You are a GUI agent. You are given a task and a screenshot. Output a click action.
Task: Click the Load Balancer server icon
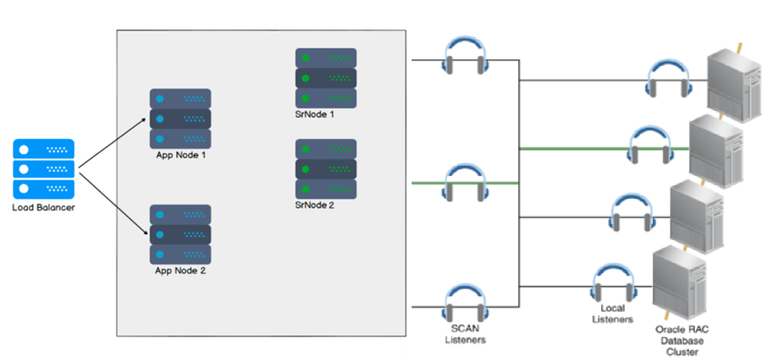[43, 169]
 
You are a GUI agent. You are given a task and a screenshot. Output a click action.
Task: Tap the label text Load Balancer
[43, 207]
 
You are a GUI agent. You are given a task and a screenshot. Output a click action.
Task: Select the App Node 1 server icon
[180, 119]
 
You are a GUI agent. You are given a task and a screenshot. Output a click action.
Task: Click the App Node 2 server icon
[180, 235]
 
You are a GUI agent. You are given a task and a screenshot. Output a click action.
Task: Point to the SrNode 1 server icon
[326, 78]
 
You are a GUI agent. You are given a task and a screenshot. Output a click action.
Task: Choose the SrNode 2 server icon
[326, 169]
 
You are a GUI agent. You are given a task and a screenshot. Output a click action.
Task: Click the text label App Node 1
[180, 155]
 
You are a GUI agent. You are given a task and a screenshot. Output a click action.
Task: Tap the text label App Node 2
[180, 271]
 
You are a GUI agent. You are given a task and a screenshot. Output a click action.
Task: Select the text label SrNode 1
[314, 114]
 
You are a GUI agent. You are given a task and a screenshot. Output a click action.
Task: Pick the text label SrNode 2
[314, 205]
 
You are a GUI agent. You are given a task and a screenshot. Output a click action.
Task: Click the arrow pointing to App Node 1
[113, 143]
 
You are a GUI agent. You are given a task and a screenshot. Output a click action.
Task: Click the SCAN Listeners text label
[465, 334]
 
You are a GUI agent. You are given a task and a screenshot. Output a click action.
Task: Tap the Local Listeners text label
[612, 314]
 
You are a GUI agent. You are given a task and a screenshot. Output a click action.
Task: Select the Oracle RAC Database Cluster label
[682, 341]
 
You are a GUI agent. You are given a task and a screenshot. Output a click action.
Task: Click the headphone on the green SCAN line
[465, 183]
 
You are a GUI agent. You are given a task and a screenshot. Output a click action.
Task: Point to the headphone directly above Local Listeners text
[612, 284]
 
